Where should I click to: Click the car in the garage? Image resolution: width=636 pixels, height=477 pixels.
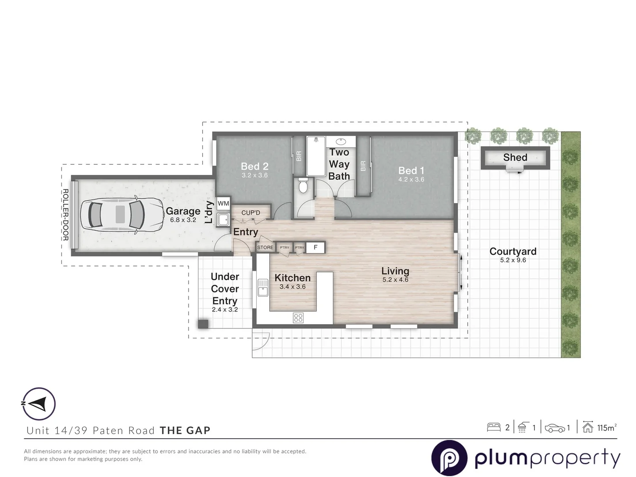tap(117, 215)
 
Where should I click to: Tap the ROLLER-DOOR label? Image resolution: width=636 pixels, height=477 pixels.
tap(65, 215)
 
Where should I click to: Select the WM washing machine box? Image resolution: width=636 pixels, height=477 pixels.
tap(223, 203)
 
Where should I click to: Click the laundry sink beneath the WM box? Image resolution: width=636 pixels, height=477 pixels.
tap(223, 219)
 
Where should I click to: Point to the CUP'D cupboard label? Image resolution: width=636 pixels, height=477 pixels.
tap(250, 213)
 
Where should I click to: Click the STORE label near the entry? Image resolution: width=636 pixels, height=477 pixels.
tap(265, 247)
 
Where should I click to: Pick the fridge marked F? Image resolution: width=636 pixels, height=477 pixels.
tap(315, 247)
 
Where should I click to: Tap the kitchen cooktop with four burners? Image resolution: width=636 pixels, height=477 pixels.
tap(298, 318)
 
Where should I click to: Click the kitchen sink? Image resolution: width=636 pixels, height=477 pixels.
tap(263, 288)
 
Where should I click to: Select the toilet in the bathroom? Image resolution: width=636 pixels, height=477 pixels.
tap(303, 186)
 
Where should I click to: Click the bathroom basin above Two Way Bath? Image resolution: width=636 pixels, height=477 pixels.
tap(341, 142)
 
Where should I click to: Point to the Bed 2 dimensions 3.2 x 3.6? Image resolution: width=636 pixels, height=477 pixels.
tap(254, 175)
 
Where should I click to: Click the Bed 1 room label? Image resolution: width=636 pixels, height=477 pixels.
tap(411, 170)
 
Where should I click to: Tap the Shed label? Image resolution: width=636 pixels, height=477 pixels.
tap(515, 158)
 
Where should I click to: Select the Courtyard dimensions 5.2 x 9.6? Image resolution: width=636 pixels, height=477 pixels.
tap(513, 260)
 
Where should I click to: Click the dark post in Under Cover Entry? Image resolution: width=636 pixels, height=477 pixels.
tap(203, 324)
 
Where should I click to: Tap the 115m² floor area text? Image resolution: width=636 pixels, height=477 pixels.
tap(606, 428)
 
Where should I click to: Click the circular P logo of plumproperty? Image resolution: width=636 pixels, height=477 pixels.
tap(449, 458)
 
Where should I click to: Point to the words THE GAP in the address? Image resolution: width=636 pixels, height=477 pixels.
tap(185, 431)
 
